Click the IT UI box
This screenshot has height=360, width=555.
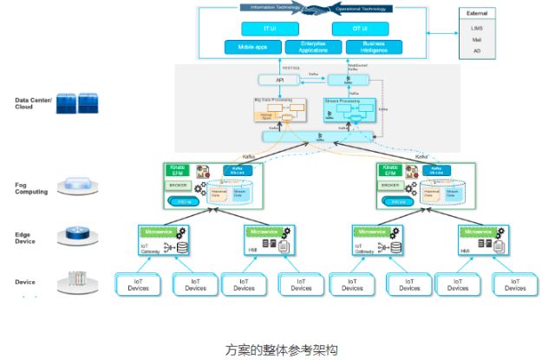[x=268, y=29]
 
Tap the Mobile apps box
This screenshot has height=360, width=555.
[x=253, y=45]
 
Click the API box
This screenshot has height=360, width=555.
[x=279, y=80]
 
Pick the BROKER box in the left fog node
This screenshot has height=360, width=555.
[x=179, y=186]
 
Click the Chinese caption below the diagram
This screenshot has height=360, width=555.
[x=279, y=349]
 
